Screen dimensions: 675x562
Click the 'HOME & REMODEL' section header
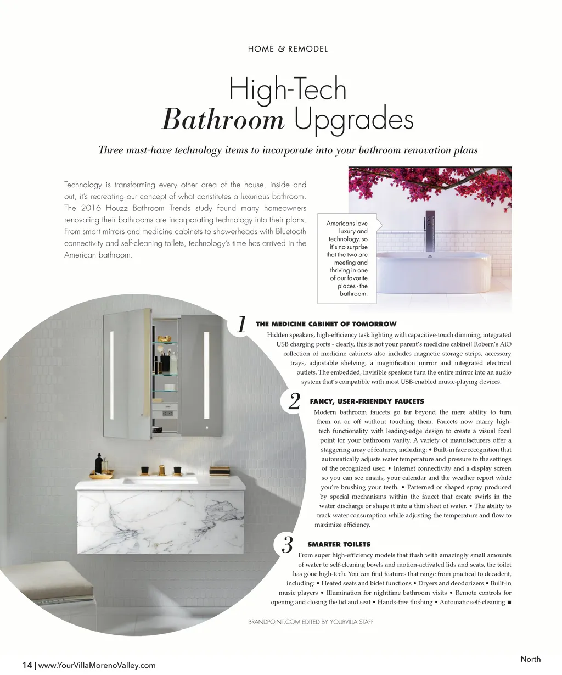tap(288, 49)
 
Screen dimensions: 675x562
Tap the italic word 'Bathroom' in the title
tap(223, 119)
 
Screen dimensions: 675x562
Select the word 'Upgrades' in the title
tap(353, 119)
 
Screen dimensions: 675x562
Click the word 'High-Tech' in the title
tap(288, 89)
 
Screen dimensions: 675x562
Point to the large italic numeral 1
tap(241, 325)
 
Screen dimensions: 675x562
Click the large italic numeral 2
tap(294, 401)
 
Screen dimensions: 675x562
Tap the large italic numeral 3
tap(287, 545)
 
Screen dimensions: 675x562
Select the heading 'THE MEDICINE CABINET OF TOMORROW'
tap(326, 324)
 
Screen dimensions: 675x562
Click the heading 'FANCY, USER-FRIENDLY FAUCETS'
tap(367, 401)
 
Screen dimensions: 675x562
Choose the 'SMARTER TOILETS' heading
tap(339, 544)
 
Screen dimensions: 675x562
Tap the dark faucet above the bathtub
tap(429, 228)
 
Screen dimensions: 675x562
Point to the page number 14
tap(27, 665)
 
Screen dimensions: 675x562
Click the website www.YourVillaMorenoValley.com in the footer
tap(97, 665)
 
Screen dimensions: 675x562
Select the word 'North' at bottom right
tap(530, 659)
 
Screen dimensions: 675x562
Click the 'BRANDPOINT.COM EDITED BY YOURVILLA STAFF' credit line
tap(311, 622)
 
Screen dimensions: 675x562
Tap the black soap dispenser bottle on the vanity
tap(99, 464)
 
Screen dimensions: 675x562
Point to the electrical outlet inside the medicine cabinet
tap(167, 412)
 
